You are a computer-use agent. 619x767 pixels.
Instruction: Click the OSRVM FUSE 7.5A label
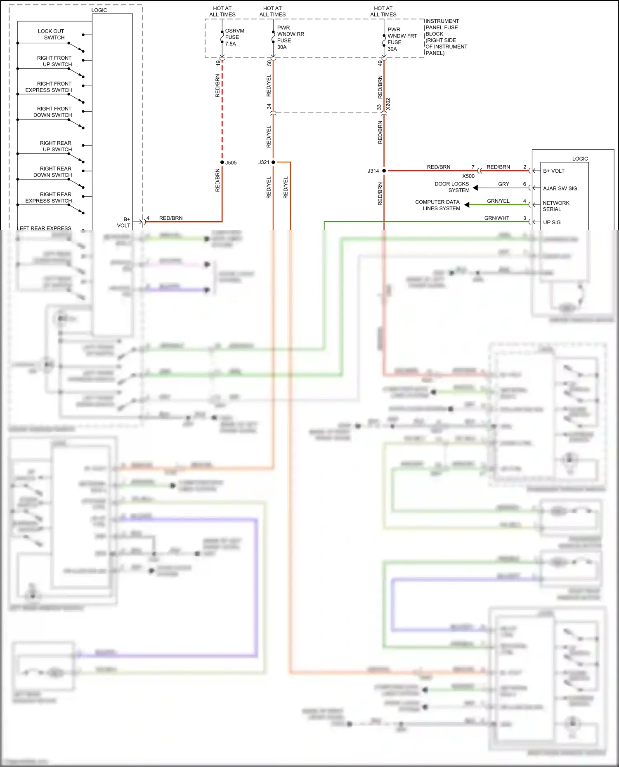click(234, 37)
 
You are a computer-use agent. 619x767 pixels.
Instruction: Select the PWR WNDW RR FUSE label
click(290, 37)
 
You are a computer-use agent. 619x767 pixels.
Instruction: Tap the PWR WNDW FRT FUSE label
click(402, 39)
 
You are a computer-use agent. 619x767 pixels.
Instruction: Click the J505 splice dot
click(222, 162)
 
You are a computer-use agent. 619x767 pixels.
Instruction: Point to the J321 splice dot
click(273, 162)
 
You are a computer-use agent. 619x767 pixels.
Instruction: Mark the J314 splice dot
click(384, 171)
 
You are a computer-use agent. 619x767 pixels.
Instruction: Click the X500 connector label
click(468, 176)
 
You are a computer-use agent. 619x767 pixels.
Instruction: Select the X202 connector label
click(388, 104)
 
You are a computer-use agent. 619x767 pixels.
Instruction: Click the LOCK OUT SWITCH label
click(51, 34)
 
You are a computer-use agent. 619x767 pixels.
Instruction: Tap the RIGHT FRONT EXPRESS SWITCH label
click(49, 87)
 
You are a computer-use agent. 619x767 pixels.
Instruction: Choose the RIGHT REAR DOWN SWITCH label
click(53, 172)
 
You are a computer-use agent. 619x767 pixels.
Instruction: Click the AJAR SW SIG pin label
click(560, 188)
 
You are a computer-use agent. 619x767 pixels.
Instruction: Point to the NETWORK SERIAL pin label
click(555, 206)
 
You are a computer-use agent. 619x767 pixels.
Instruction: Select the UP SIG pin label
click(552, 223)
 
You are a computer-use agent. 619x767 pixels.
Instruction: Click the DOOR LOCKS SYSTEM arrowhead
click(475, 188)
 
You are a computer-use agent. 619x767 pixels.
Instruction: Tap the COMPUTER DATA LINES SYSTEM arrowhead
click(467, 205)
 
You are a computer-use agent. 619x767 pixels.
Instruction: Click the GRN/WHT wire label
click(496, 218)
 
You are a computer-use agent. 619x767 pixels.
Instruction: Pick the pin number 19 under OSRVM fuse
click(218, 63)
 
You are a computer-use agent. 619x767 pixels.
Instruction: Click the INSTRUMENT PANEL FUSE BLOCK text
click(446, 37)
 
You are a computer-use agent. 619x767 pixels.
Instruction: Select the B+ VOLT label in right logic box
click(553, 171)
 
